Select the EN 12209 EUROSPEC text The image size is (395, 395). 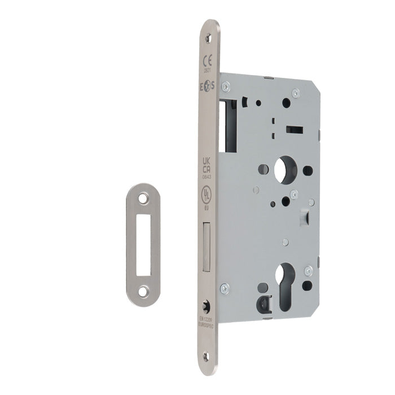pyautogui.click(x=206, y=323)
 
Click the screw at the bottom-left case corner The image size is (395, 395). pyautogui.click(x=225, y=289)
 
